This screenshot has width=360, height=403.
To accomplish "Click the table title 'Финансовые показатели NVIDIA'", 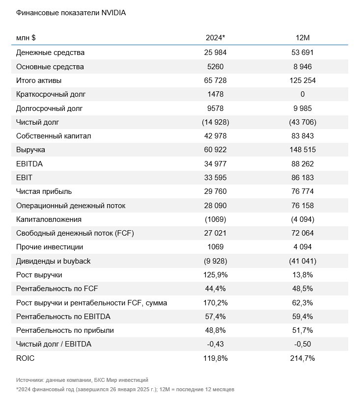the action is click(71, 13).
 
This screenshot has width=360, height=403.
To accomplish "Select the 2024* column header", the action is click(215, 38).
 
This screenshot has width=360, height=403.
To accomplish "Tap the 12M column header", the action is click(303, 38).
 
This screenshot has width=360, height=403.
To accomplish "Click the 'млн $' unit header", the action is click(26, 38).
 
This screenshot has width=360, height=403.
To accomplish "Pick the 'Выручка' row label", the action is click(30, 150).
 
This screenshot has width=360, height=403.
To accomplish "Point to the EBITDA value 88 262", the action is click(303, 164).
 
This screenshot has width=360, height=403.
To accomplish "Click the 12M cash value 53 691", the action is click(303, 53).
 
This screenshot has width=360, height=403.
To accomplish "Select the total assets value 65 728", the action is click(215, 81).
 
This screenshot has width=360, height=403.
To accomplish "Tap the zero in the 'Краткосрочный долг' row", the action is click(303, 94).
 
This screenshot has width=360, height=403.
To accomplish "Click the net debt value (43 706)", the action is click(303, 122).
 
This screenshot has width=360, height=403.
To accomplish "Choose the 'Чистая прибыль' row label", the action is click(44, 191).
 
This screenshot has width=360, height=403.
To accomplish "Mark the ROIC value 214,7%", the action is click(303, 358).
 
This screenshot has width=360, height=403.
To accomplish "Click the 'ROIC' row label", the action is click(25, 358).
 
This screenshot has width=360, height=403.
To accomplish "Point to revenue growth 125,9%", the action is click(215, 275).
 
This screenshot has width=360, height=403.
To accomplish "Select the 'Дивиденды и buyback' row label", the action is click(53, 261).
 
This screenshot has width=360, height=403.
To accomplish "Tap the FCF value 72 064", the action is click(303, 233).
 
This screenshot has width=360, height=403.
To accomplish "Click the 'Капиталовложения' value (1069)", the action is click(215, 219).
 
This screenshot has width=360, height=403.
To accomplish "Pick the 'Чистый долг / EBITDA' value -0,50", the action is click(303, 344).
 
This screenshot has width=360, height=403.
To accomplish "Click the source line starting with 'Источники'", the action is click(82, 380).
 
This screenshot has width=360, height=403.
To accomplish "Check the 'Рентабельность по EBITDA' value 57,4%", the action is click(215, 317).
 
